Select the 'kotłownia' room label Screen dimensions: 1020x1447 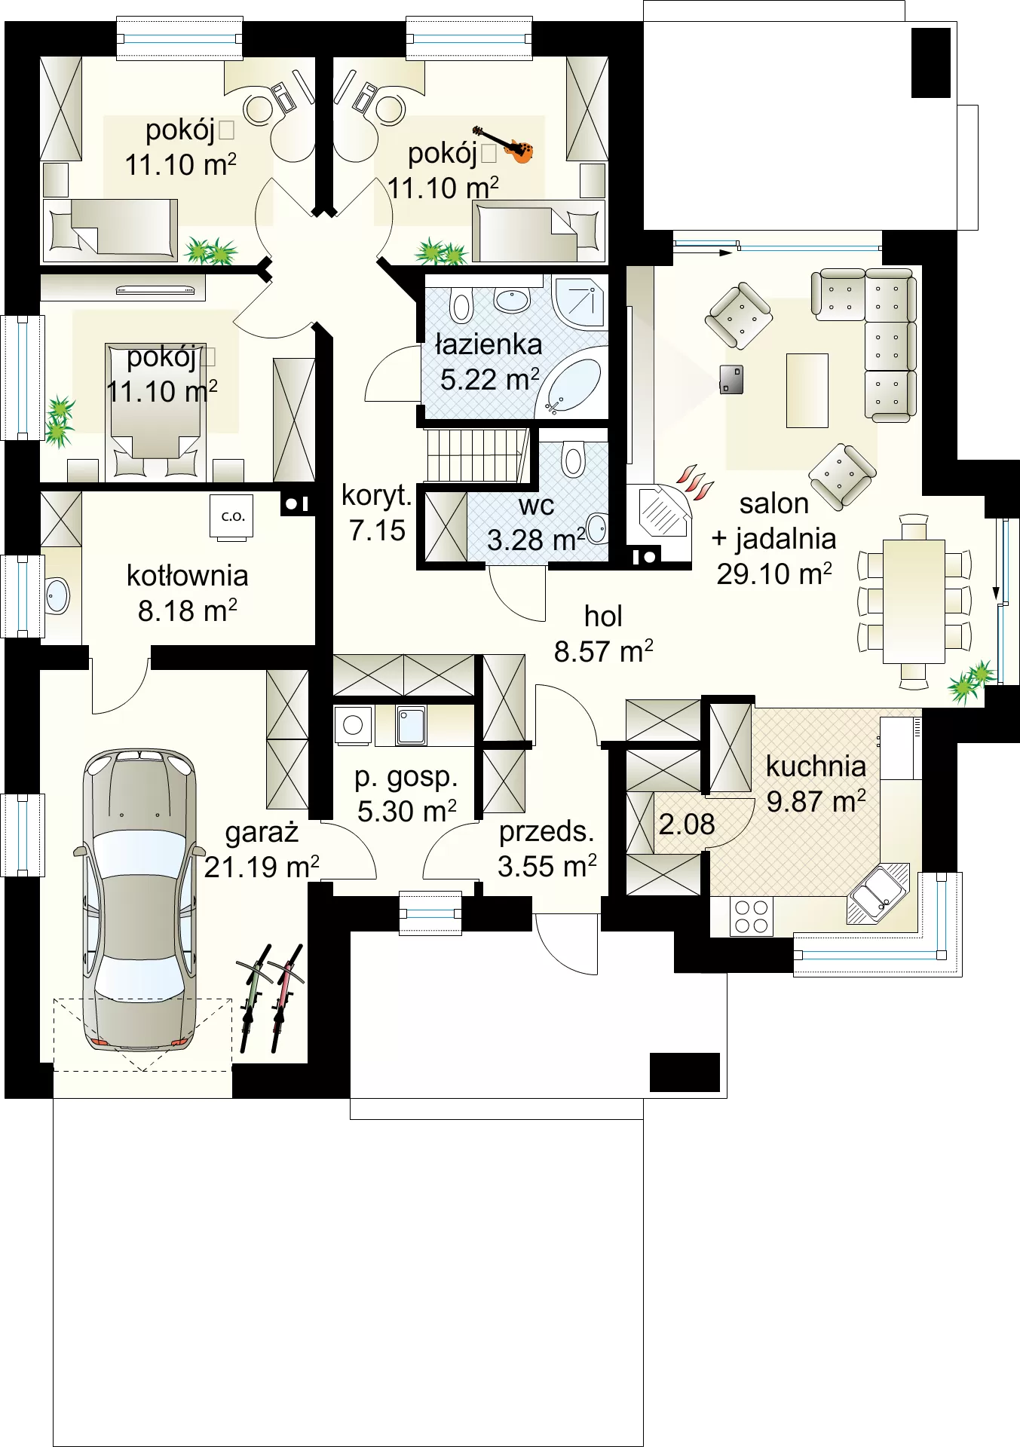coord(187,575)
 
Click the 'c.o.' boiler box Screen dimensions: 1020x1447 coord(232,517)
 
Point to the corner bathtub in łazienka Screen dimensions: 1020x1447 coord(573,385)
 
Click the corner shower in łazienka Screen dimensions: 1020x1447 coord(580,301)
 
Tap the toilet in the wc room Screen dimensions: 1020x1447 coord(574,459)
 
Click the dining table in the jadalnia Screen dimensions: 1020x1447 coord(914,601)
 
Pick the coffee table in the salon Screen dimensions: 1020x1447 coord(807,390)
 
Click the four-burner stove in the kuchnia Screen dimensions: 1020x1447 coord(752,917)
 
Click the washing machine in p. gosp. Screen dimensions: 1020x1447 coord(354,725)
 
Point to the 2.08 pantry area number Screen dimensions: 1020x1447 coord(687,824)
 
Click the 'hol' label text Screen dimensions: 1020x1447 coord(603,616)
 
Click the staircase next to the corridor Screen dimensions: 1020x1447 coord(476,454)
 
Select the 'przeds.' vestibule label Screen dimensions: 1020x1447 coord(547,831)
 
